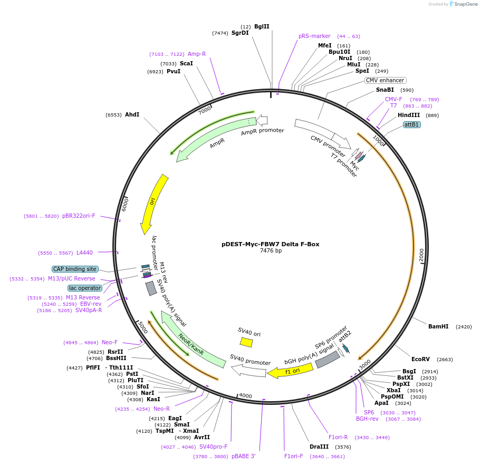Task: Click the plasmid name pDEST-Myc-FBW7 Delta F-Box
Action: [x=270, y=244]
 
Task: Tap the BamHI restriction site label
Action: [x=438, y=327]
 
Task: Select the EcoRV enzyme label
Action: [x=421, y=360]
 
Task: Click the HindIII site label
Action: [x=409, y=115]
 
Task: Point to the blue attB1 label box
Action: [x=411, y=125]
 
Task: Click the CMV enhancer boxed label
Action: [x=385, y=81]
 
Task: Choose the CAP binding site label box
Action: [x=75, y=269]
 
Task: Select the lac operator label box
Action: [x=84, y=288]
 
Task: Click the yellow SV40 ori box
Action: [x=246, y=342]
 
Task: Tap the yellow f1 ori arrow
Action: [x=290, y=371]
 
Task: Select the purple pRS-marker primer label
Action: [x=314, y=36]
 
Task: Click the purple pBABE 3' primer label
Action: [x=243, y=457]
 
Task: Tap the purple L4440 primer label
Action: [x=84, y=253]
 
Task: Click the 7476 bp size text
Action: [x=271, y=251]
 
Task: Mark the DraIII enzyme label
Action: [x=320, y=447]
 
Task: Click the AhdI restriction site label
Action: [x=132, y=114]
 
